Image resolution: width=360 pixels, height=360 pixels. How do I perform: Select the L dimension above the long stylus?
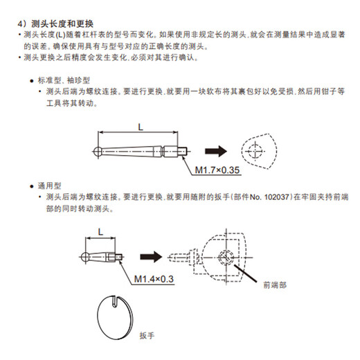click(141, 125)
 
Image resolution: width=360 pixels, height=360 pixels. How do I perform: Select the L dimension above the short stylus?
click(100, 233)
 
